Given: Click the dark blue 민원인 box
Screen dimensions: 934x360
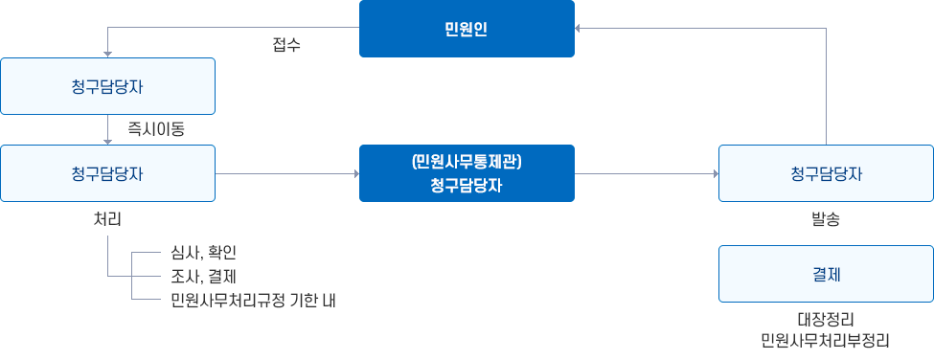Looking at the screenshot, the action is point(467,29).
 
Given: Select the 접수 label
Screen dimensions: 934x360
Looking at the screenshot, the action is point(286,44).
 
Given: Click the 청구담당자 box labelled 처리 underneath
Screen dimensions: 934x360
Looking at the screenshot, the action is point(107,173).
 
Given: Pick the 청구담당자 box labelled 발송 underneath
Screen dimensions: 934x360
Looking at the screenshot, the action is point(826,173).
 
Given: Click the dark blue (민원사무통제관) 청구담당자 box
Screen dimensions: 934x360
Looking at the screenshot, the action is point(467,173).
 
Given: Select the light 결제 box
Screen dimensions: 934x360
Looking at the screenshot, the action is point(826,274).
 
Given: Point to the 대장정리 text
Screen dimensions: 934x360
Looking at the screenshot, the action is point(826,318).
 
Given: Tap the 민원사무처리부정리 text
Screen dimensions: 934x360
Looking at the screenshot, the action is point(826,340).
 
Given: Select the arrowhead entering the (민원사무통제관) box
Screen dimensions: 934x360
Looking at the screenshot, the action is point(354,173).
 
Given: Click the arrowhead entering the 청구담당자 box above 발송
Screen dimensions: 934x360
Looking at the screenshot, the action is point(714,173).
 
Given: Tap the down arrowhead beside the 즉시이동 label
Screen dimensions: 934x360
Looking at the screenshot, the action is point(107,141).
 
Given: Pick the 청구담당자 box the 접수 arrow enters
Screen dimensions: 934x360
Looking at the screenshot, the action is point(107,86).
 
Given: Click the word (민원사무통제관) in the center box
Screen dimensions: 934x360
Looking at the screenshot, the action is point(467,162).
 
